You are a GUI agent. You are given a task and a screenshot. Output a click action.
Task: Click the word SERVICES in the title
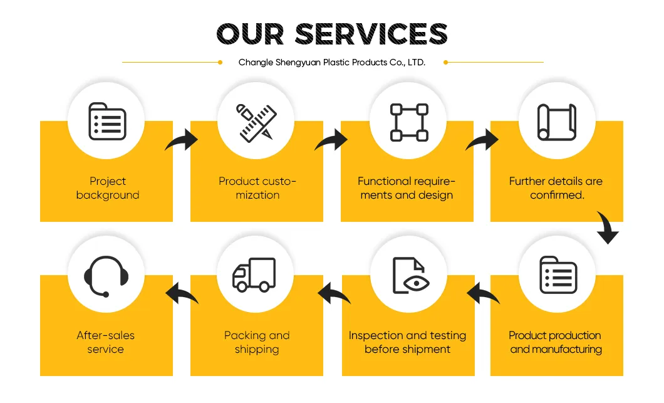pos(371,34)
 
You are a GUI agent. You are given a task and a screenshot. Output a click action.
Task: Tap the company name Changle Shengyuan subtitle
pos(331,62)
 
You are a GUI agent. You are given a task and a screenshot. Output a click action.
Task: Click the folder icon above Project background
pos(107,121)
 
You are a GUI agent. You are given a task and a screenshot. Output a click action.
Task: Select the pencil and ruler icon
pos(256,122)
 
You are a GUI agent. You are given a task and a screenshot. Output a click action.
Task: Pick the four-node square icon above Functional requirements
pos(409,122)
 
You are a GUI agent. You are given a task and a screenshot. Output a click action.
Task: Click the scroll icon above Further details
pos(556,122)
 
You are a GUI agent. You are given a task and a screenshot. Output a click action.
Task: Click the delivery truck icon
pos(254,275)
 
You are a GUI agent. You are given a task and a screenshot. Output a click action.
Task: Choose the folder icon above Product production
pos(558,275)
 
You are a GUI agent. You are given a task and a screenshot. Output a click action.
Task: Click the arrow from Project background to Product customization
pos(182,140)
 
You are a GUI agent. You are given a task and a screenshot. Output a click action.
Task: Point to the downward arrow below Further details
pos(608,228)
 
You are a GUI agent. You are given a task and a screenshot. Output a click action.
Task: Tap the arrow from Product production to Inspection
pos(483,294)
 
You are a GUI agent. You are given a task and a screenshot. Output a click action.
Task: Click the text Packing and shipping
pos(257,342)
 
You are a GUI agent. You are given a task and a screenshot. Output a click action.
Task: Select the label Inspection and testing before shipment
pos(407,342)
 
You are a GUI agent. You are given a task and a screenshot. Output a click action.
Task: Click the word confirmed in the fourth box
pos(557,195)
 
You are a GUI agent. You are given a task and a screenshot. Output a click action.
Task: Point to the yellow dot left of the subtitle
pos(220,62)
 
